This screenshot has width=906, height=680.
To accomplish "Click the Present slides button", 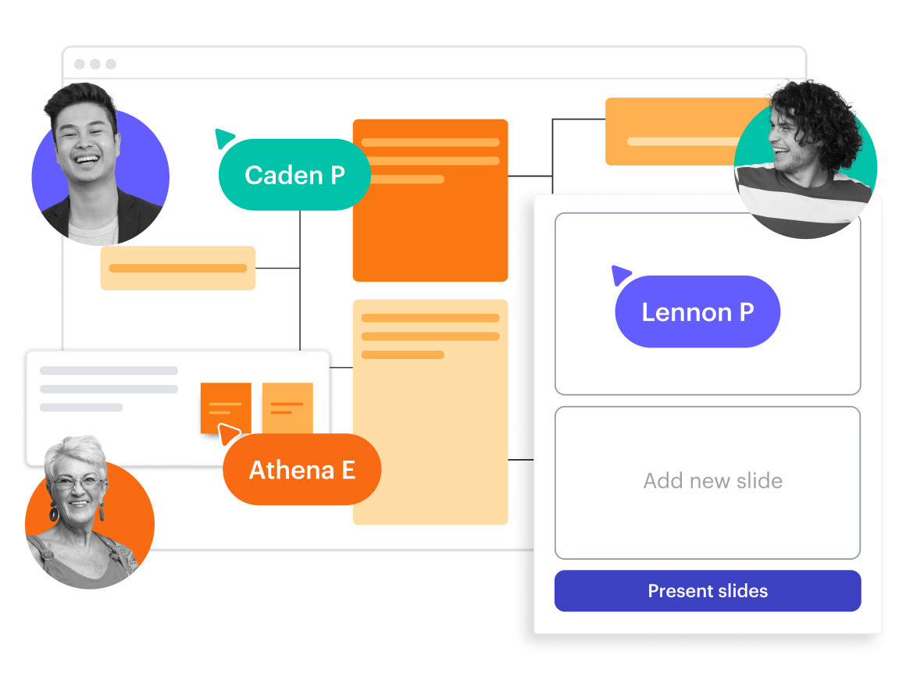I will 708,591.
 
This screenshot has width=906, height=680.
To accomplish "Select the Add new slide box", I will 708,482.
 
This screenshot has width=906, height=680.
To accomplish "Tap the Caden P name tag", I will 294,175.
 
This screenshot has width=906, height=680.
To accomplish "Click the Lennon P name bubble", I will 697,312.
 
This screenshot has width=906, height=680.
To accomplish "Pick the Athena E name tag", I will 302,470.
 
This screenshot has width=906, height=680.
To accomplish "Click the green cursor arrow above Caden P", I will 224,138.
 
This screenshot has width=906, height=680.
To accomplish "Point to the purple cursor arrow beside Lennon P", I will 621,275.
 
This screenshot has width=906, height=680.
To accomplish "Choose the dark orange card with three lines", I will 430,200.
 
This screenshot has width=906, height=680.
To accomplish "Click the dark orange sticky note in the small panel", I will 225,406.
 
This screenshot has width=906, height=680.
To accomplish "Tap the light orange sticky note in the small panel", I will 287,407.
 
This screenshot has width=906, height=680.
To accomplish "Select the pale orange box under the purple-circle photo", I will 177,268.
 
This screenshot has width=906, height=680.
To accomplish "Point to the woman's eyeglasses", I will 77,482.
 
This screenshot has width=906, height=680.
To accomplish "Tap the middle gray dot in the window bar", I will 95,64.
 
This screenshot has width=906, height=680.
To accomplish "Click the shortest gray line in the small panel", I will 81,408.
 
